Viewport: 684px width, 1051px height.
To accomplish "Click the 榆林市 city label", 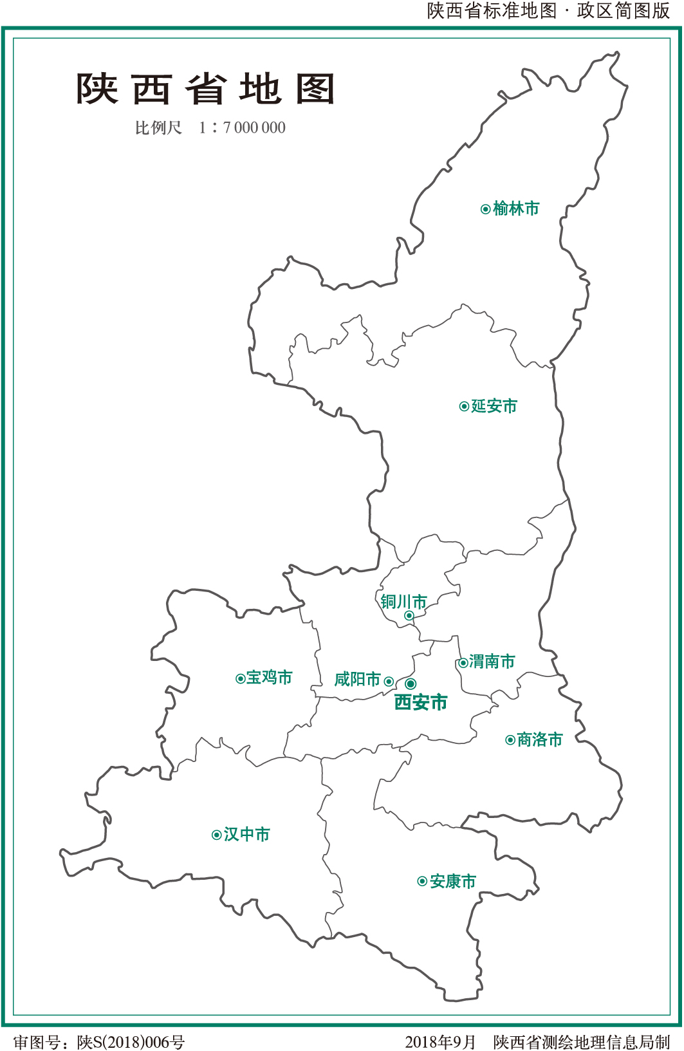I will [516, 209].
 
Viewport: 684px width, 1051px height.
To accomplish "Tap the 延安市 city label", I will [494, 406].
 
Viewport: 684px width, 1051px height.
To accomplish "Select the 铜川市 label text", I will [403, 602].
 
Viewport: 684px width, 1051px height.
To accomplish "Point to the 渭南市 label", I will [492, 662].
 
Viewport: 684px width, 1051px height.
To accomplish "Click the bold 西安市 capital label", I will [421, 702].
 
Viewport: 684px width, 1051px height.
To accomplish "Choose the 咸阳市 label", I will [358, 680].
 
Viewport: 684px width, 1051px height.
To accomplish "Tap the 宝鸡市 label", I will [270, 678].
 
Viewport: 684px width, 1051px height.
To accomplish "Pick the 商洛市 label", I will [540, 740].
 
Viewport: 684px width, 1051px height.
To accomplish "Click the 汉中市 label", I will [247, 835].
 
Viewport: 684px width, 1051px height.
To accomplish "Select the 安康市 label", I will [453, 882].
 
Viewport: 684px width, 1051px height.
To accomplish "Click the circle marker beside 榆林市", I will [486, 209].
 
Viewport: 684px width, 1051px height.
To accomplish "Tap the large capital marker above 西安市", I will [411, 684].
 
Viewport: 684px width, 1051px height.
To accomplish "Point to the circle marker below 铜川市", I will [409, 616].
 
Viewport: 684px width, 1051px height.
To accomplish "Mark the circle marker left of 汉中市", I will [217, 835].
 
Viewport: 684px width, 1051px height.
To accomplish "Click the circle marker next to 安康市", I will [422, 882].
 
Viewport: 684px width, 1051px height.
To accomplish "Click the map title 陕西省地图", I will [206, 89].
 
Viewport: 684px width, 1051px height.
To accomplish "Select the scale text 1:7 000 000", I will [242, 128].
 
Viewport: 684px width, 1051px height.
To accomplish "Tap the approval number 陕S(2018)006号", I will [131, 1042].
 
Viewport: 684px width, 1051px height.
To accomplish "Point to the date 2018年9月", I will [440, 1042].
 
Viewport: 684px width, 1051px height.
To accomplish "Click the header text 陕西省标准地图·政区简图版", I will [548, 11].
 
